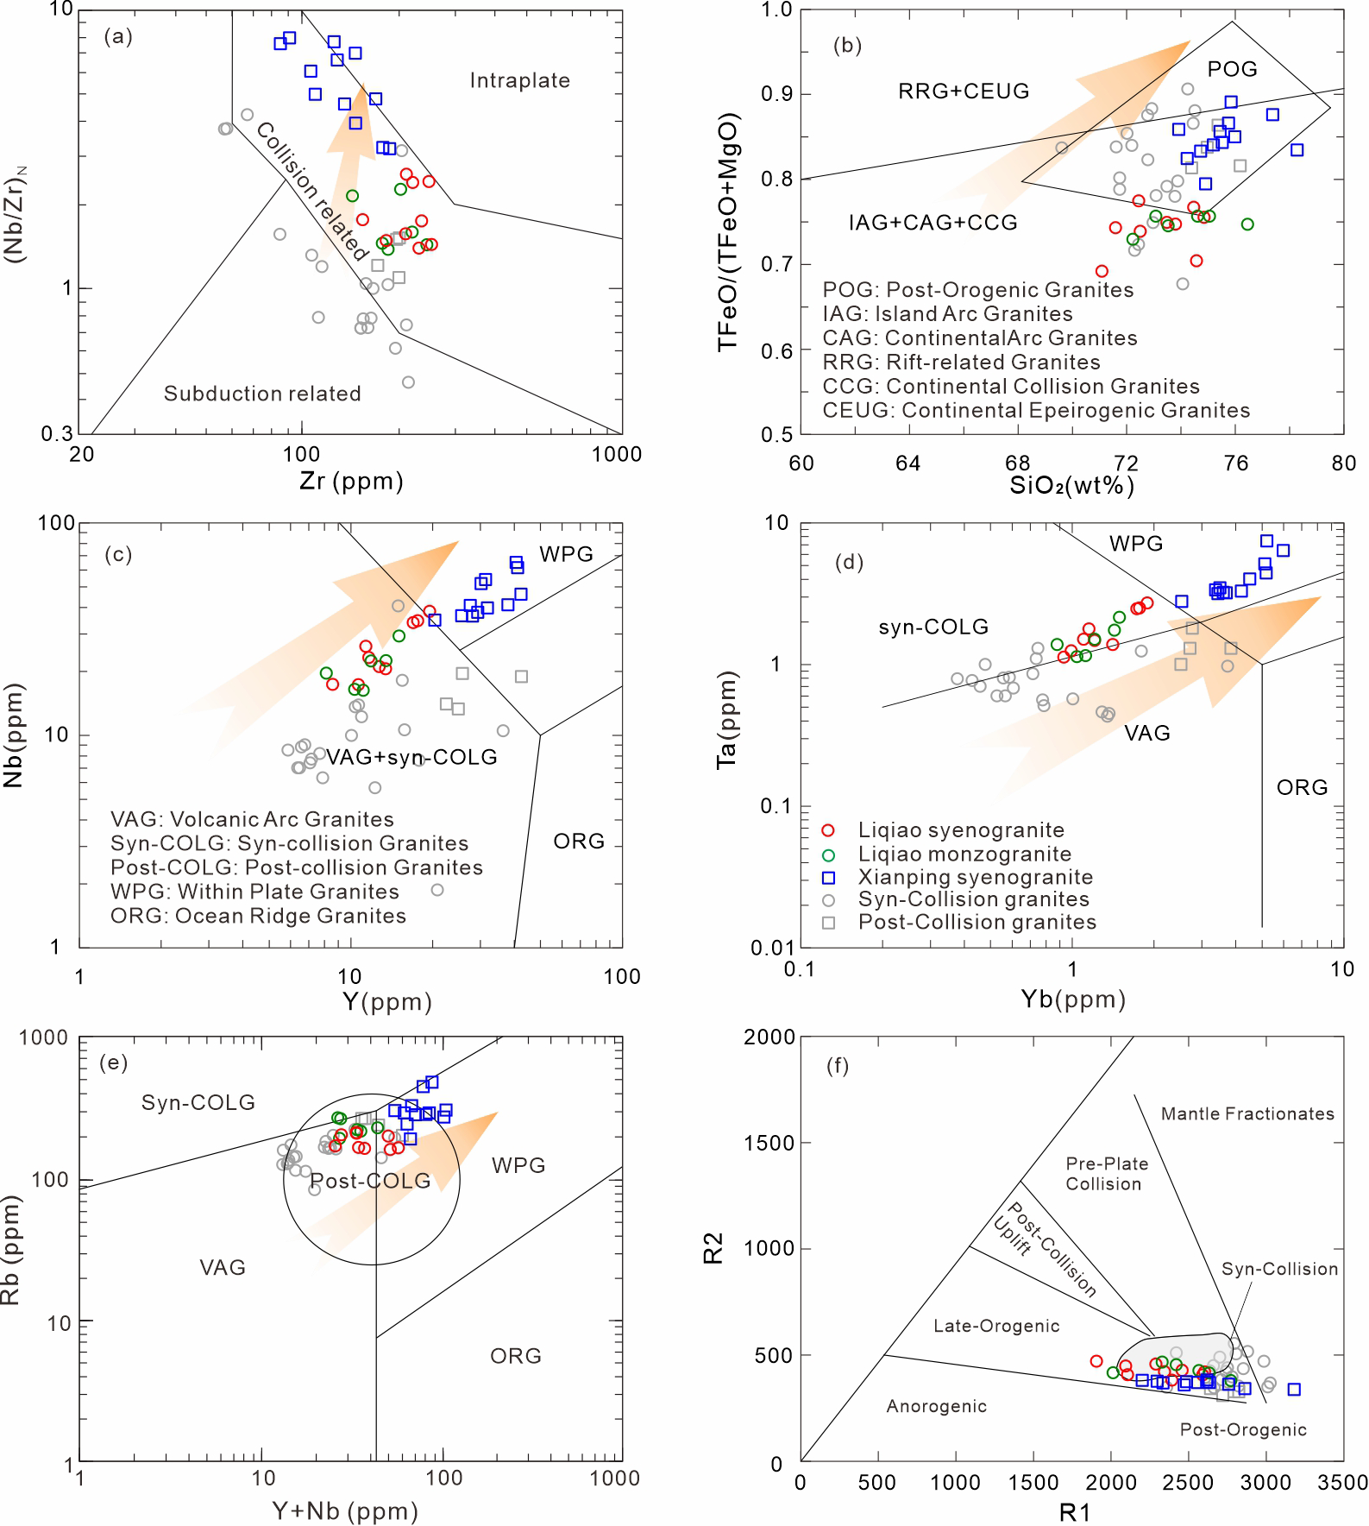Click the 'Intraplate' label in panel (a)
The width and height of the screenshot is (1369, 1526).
tap(520, 81)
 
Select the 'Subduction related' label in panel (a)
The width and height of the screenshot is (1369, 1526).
tap(262, 394)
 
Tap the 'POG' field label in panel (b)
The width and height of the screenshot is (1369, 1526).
tap(1233, 69)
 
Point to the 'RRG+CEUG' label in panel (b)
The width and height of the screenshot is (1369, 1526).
tap(964, 91)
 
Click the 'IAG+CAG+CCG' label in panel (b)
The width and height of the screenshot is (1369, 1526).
tap(933, 223)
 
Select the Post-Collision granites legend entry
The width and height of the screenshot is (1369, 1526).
tap(958, 922)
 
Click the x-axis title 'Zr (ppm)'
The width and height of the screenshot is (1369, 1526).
tap(351, 481)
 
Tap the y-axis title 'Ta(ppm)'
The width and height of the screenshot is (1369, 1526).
tap(726, 719)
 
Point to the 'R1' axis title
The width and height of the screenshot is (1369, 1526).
tap(1075, 1512)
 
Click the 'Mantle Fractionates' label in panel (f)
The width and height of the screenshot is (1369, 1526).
tap(1247, 1113)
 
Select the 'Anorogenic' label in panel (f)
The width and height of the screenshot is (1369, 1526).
tap(937, 1406)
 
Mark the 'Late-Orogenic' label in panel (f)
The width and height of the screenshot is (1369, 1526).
tap(996, 1326)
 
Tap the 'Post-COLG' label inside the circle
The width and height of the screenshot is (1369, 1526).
tap(370, 1181)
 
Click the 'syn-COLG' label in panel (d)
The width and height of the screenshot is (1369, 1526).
tap(933, 627)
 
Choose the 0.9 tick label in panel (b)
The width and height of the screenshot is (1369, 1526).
tap(776, 94)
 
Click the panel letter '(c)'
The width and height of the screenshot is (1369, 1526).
tap(118, 554)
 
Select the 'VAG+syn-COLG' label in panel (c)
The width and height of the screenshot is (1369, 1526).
tap(411, 757)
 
